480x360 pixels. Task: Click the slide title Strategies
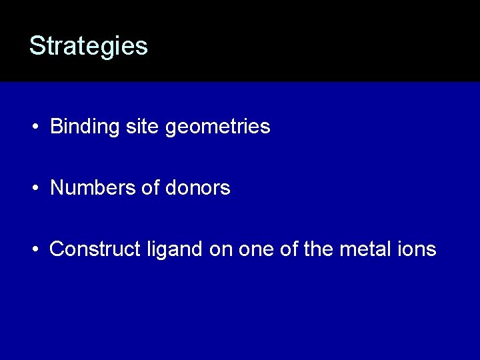88,46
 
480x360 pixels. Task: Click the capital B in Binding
56,127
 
